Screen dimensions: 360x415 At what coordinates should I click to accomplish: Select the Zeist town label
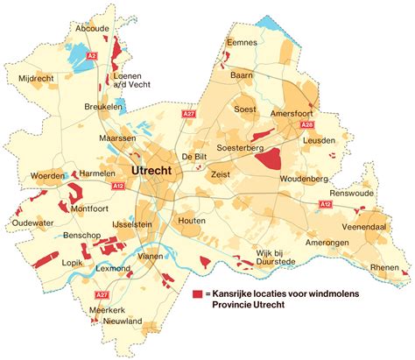(221, 175)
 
